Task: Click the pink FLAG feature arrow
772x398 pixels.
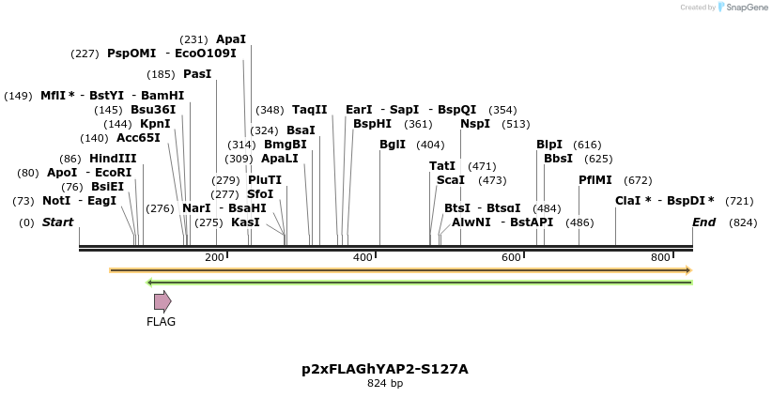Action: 162,301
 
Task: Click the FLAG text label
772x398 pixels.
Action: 161,322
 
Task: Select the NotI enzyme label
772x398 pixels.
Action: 56,201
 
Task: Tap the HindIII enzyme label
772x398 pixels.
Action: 113,159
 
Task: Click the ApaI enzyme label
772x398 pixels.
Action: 231,39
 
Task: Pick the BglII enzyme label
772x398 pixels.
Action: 393,145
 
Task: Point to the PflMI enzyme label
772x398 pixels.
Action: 595,180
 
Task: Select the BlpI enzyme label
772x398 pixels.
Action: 549,145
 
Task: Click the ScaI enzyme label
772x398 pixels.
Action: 451,180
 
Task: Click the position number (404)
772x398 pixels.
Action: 430,145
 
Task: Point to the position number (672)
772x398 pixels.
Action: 638,180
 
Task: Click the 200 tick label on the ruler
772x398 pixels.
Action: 214,257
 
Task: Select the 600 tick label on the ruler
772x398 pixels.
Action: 511,257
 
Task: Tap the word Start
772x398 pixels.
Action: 57,222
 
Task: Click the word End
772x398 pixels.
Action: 703,222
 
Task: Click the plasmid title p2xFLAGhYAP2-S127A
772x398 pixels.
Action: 385,369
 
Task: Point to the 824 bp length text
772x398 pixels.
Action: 385,384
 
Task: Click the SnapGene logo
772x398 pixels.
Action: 743,8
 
